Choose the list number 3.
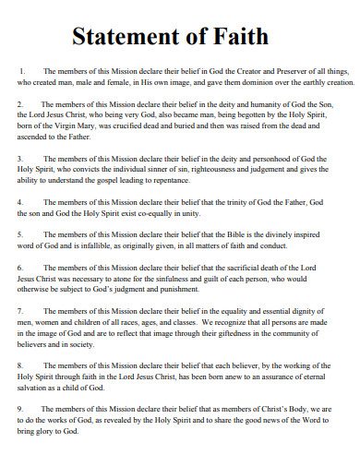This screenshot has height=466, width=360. point(20,160)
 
